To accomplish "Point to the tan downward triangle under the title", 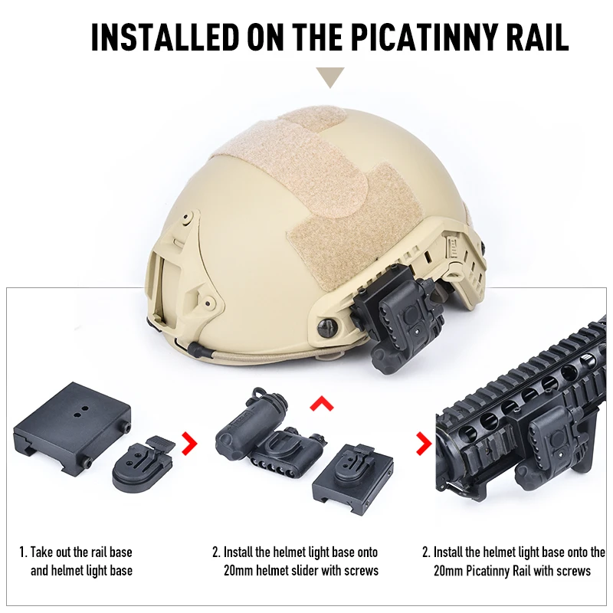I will tap(331, 77).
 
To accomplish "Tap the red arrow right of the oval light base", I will tap(187, 442).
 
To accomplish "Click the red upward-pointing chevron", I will tap(324, 403).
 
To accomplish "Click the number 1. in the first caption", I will tap(23, 552).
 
